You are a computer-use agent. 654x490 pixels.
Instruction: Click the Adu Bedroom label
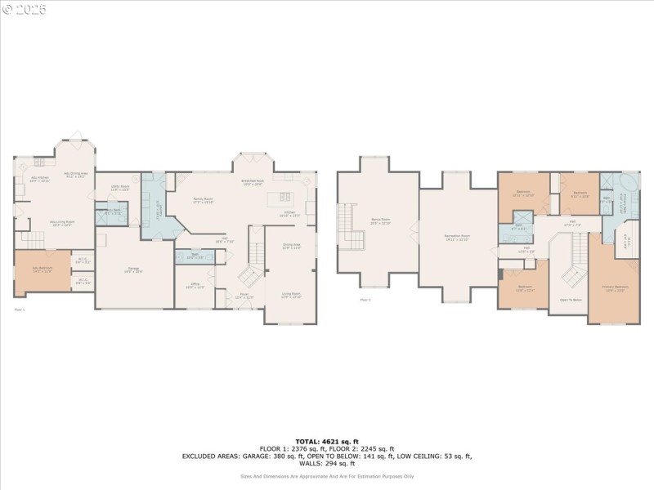pos(41,269)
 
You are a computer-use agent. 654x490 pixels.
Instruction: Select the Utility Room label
pos(120,187)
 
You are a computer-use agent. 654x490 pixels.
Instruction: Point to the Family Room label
pos(203,199)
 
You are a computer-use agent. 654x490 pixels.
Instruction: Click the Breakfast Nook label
pos(252,182)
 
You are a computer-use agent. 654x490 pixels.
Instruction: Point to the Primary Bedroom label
pos(616,288)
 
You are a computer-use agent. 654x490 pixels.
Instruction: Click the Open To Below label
pos(571,300)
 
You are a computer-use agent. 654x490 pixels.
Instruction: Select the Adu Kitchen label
pos(40,179)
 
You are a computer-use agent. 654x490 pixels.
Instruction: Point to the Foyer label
pos(244,296)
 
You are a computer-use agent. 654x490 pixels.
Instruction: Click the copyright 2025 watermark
pos(25,10)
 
